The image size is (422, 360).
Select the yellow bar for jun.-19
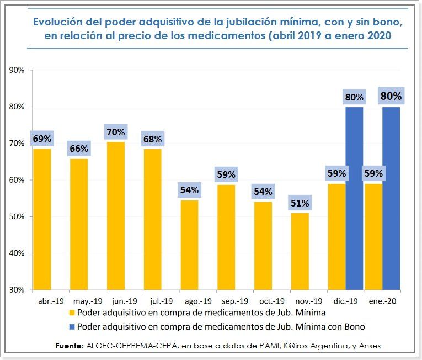(116, 215)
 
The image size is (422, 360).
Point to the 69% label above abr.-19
(42, 139)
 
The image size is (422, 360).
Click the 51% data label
(300, 203)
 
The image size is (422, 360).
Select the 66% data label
(78, 149)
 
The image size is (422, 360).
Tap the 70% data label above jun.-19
(116, 133)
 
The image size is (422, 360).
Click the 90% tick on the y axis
(17, 70)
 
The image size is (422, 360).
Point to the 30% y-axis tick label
(17, 290)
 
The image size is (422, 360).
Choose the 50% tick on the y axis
(17, 216)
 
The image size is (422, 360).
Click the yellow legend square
(72, 313)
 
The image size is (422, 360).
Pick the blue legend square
(72, 326)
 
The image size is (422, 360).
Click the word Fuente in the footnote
(68, 346)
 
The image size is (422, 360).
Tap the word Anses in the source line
(368, 346)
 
